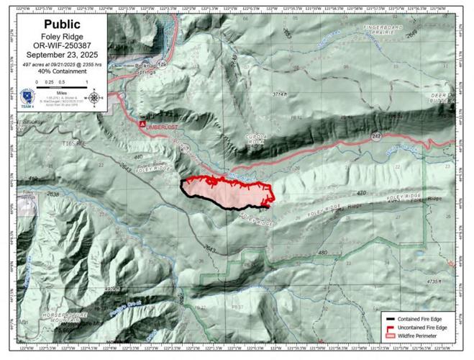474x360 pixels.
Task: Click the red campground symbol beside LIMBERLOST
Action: pos(142,123)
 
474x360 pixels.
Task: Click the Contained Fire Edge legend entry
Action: pos(424,318)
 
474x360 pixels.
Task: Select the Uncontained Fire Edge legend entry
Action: pos(424,327)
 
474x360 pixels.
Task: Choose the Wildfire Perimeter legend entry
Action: pos(424,336)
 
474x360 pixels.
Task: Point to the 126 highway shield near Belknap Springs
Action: pos(162,65)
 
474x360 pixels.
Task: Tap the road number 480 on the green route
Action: pos(322,252)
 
